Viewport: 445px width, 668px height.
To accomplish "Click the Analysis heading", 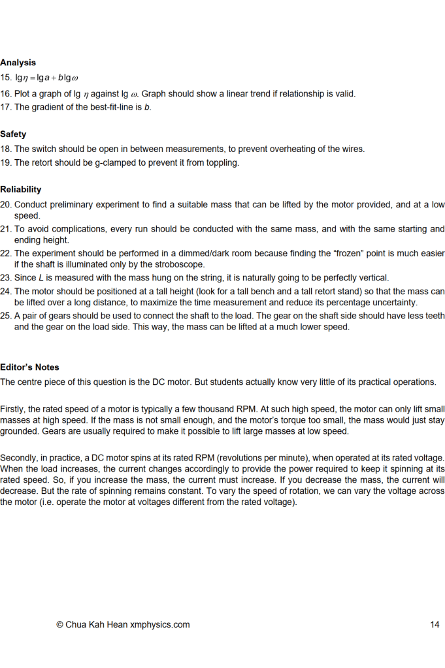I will coord(18,63).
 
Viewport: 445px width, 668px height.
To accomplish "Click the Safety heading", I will coord(13,134).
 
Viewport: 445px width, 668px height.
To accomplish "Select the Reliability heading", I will coord(20,190).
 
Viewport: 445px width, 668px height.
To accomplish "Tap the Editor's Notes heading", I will coord(29,367).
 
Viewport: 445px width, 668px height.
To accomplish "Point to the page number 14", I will coord(435,624).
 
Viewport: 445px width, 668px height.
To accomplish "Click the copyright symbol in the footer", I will coord(59,624).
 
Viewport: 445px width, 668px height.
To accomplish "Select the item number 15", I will coord(5,78).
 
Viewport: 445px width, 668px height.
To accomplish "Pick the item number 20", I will coord(6,205).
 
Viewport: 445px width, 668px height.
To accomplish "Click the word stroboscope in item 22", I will coord(233,265).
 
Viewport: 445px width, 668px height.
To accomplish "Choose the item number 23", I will coord(6,278).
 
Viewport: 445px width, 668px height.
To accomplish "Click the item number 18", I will coord(5,149).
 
